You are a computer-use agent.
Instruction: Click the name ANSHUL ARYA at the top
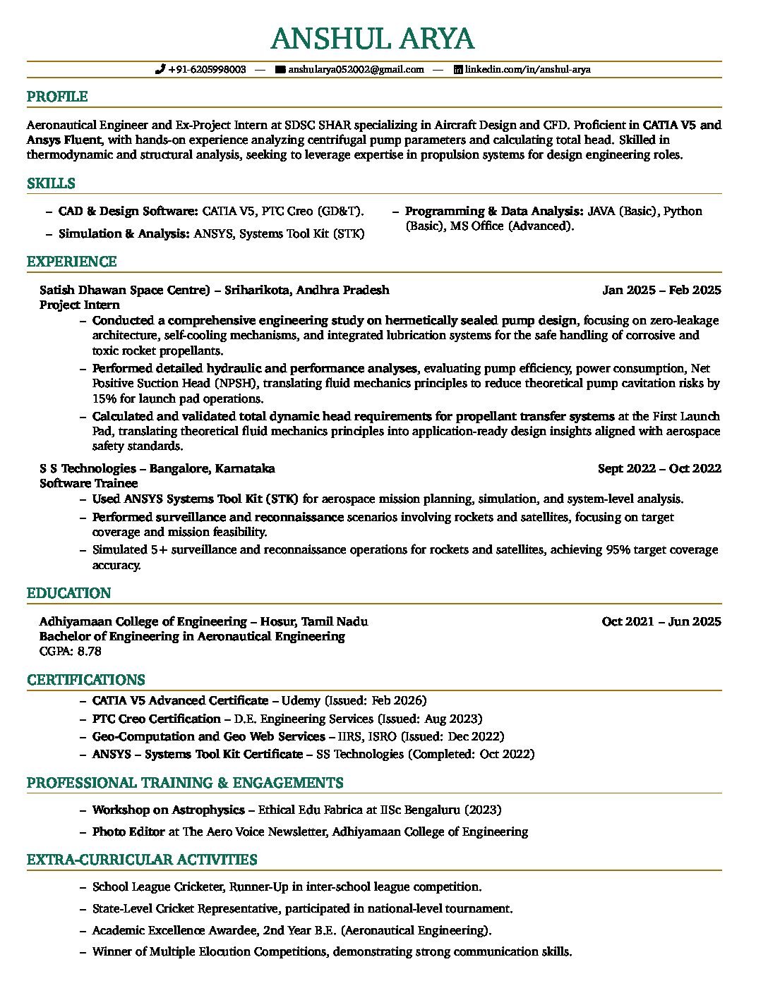[372, 39]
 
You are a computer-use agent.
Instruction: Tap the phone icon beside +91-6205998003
[160, 69]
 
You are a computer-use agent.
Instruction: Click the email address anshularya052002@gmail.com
[356, 69]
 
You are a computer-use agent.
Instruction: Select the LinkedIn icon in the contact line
[457, 69]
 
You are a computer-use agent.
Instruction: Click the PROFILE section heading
[57, 97]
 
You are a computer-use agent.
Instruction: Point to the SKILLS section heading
[51, 183]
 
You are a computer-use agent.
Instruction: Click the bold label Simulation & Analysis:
[124, 233]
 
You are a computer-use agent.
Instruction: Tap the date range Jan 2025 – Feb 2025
[661, 290]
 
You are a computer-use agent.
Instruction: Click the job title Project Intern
[80, 305]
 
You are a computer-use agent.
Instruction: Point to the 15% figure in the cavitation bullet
[104, 398]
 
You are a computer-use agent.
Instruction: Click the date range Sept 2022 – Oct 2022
[659, 468]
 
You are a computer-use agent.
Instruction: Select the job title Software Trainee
[89, 483]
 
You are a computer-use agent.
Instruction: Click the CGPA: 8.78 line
[71, 651]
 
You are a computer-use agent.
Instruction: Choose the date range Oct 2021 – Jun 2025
[661, 621]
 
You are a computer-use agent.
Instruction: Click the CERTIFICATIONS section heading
[86, 680]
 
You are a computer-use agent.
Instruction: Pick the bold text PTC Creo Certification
[157, 719]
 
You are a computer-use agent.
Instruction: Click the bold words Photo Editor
[128, 831]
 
